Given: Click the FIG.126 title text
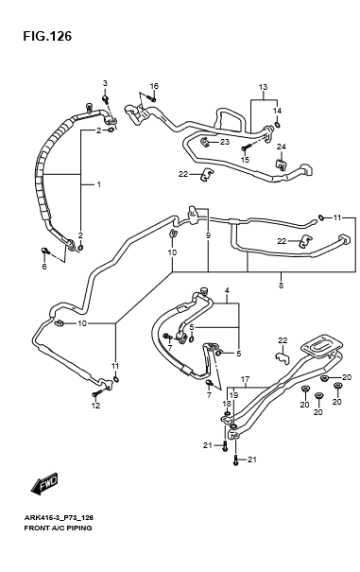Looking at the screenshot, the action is (x=47, y=36).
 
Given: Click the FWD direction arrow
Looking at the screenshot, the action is (x=44, y=483).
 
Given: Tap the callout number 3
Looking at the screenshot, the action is (x=105, y=83).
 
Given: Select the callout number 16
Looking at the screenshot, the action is (x=154, y=86).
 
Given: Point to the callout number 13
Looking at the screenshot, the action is (x=263, y=87).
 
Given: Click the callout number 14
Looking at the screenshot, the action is (x=277, y=111).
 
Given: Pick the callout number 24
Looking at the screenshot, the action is (x=281, y=147).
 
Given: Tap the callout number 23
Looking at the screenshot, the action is (x=225, y=142).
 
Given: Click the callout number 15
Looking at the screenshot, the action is (x=245, y=160).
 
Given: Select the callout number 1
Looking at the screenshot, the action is (x=98, y=184).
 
